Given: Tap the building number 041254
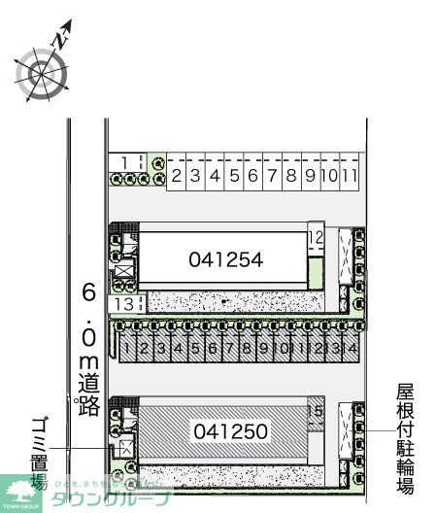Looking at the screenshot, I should point(226,258).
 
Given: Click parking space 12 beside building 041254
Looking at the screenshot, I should point(315,237).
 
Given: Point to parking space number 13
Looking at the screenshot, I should point(123,305).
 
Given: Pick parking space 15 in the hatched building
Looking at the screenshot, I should point(314,412).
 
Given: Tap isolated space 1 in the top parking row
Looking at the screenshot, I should point(125,161).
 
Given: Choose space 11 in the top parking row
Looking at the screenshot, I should point(352,176).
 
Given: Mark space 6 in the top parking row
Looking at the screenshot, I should point(251,176).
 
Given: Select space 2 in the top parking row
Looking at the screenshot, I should point(177,176).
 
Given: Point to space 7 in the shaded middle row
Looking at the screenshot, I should point(230,347).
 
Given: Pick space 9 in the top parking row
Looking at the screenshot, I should point(309,176).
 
